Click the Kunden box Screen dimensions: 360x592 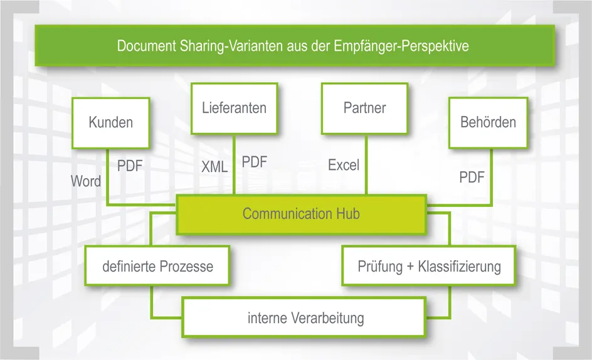111,122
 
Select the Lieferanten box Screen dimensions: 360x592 234,108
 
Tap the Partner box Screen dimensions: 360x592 364,108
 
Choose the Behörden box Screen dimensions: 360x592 488,122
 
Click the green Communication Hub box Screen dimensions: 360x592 301,214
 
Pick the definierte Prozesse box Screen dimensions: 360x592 157,267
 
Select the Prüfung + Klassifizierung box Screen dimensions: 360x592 429,267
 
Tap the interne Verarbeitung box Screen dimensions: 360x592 305,318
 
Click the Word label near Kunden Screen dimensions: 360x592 86,181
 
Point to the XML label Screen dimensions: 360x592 214,167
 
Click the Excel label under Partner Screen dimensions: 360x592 344,166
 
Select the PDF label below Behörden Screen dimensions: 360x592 472,177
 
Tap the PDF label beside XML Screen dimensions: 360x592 255,162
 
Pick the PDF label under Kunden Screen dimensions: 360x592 130,166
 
